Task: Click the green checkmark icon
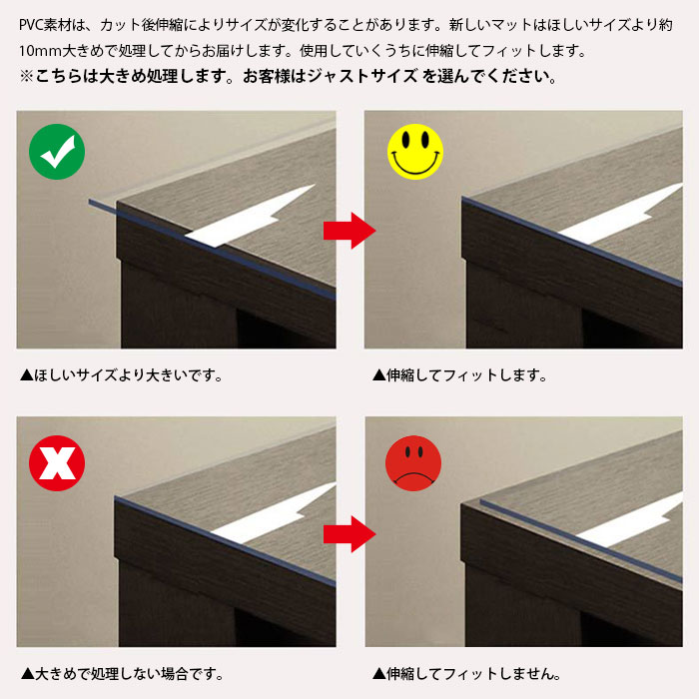tap(57, 152)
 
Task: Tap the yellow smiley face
tap(415, 152)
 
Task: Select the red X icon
tap(57, 463)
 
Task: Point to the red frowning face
tap(413, 463)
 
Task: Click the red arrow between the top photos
tap(349, 231)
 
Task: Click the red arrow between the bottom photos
tap(349, 534)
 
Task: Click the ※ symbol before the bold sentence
tap(26, 76)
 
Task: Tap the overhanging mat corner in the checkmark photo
tap(91, 203)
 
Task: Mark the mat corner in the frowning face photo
tap(481, 501)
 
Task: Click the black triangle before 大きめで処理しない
tap(28, 674)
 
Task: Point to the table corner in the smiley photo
tap(463, 199)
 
